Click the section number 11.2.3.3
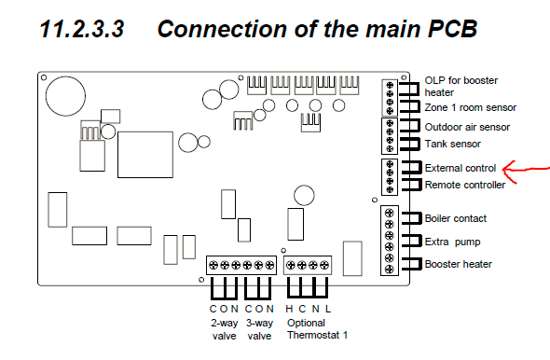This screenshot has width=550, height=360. (82, 29)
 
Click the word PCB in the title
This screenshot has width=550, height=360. (452, 29)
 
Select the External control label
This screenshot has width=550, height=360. (461, 168)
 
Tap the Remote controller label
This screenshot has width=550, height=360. (465, 185)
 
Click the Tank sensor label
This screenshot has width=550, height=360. (452, 144)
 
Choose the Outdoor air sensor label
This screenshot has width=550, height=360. (467, 127)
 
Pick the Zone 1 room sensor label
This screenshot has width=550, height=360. (471, 107)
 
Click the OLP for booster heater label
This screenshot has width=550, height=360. (461, 87)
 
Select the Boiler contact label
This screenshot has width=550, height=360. (456, 218)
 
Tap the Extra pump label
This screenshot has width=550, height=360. (452, 242)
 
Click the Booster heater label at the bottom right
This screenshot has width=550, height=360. (458, 264)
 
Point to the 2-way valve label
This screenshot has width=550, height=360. (224, 329)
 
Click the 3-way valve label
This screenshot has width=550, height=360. (259, 329)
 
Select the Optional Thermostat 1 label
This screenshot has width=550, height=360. (318, 329)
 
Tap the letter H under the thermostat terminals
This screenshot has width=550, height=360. (289, 309)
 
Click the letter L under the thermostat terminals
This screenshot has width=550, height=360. (328, 309)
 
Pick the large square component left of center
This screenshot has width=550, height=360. (145, 155)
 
